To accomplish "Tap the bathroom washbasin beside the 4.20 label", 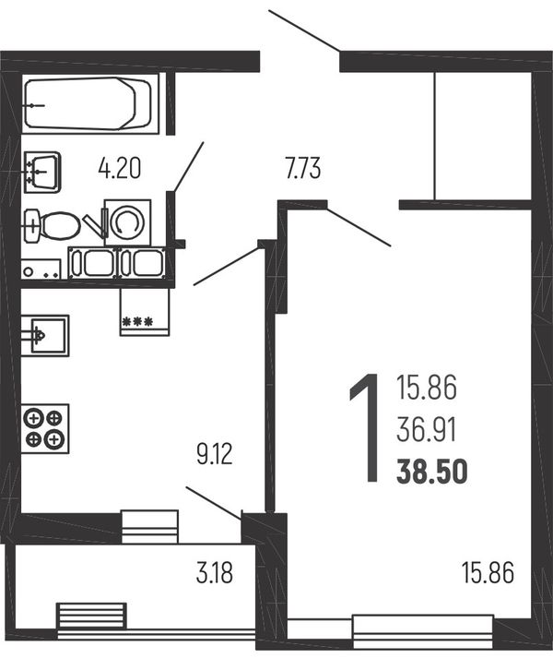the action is pyautogui.click(x=42, y=172).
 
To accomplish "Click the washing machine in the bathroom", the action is pyautogui.click(x=127, y=222).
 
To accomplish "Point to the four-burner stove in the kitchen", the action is pyautogui.click(x=45, y=428).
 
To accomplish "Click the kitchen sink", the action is pyautogui.click(x=45, y=336).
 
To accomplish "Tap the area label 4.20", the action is pyautogui.click(x=120, y=168).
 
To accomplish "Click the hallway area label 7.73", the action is pyautogui.click(x=303, y=168).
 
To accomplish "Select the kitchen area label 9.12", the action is pyautogui.click(x=214, y=454).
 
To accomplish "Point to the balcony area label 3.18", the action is pyautogui.click(x=214, y=573).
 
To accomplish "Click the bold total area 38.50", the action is pyautogui.click(x=432, y=472).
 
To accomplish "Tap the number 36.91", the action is pyautogui.click(x=427, y=431).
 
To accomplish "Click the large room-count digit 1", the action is pyautogui.click(x=365, y=427).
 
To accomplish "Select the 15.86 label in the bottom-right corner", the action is pyautogui.click(x=488, y=573).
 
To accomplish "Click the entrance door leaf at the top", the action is pyautogui.click(x=304, y=31).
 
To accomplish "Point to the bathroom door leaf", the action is pyautogui.click(x=188, y=167).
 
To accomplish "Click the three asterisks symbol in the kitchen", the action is pyautogui.click(x=137, y=322).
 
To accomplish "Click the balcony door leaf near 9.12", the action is pyautogui.click(x=214, y=503).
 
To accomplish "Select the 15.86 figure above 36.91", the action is pyautogui.click(x=427, y=389).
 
